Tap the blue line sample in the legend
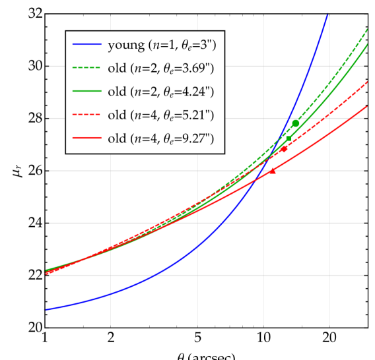pyautogui.click(x=86, y=45)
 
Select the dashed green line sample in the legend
pyautogui.click(x=86, y=69)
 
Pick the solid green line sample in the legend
pyautogui.click(x=86, y=92)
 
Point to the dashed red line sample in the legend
pyautogui.click(x=86, y=115)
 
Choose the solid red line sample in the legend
pyautogui.click(x=86, y=138)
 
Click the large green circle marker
pyautogui.click(x=296, y=123)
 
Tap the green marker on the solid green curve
pyautogui.click(x=289, y=138)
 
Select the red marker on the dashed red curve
pyautogui.click(x=285, y=149)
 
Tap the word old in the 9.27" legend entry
pyautogui.click(x=116, y=138)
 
